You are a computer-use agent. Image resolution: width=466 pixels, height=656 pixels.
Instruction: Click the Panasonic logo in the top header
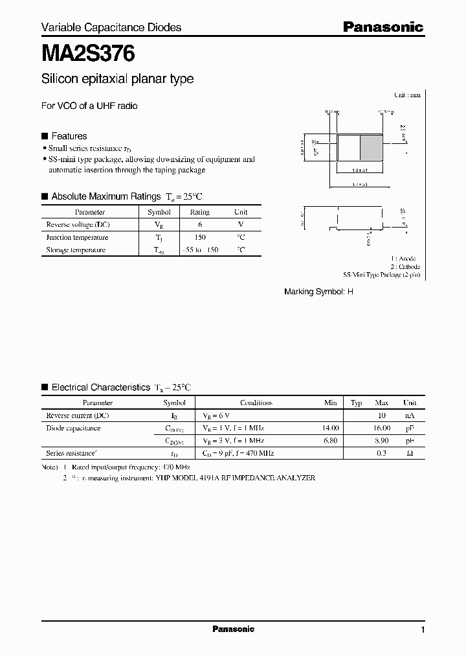tap(383, 27)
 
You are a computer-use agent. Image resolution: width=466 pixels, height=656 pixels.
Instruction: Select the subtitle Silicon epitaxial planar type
tap(117, 79)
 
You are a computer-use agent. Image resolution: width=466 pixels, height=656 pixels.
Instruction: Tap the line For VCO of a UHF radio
tap(89, 106)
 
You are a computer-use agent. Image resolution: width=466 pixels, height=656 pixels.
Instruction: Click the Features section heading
tap(69, 136)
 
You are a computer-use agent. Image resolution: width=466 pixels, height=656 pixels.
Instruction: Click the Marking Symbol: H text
tap(319, 292)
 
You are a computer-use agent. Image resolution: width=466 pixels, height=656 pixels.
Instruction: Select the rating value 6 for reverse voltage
tap(199, 224)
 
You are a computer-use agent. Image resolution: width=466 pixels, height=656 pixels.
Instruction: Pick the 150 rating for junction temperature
tap(200, 237)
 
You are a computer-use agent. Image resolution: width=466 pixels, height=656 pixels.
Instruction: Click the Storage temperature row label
tap(76, 250)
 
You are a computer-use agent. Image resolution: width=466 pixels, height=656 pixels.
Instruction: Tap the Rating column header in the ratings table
tap(199, 212)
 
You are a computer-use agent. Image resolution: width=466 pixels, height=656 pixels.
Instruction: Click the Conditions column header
tap(256, 403)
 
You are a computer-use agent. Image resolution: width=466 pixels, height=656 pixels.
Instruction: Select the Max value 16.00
tap(382, 428)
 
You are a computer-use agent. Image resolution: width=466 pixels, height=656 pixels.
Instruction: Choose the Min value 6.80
tap(330, 441)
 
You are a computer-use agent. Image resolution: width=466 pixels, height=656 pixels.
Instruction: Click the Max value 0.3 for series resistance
tap(381, 453)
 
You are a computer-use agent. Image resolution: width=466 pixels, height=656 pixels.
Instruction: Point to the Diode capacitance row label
tap(73, 428)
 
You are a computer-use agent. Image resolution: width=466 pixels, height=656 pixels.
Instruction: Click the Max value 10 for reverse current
tap(382, 416)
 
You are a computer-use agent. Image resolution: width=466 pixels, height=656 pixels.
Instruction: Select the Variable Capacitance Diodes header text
tap(111, 27)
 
